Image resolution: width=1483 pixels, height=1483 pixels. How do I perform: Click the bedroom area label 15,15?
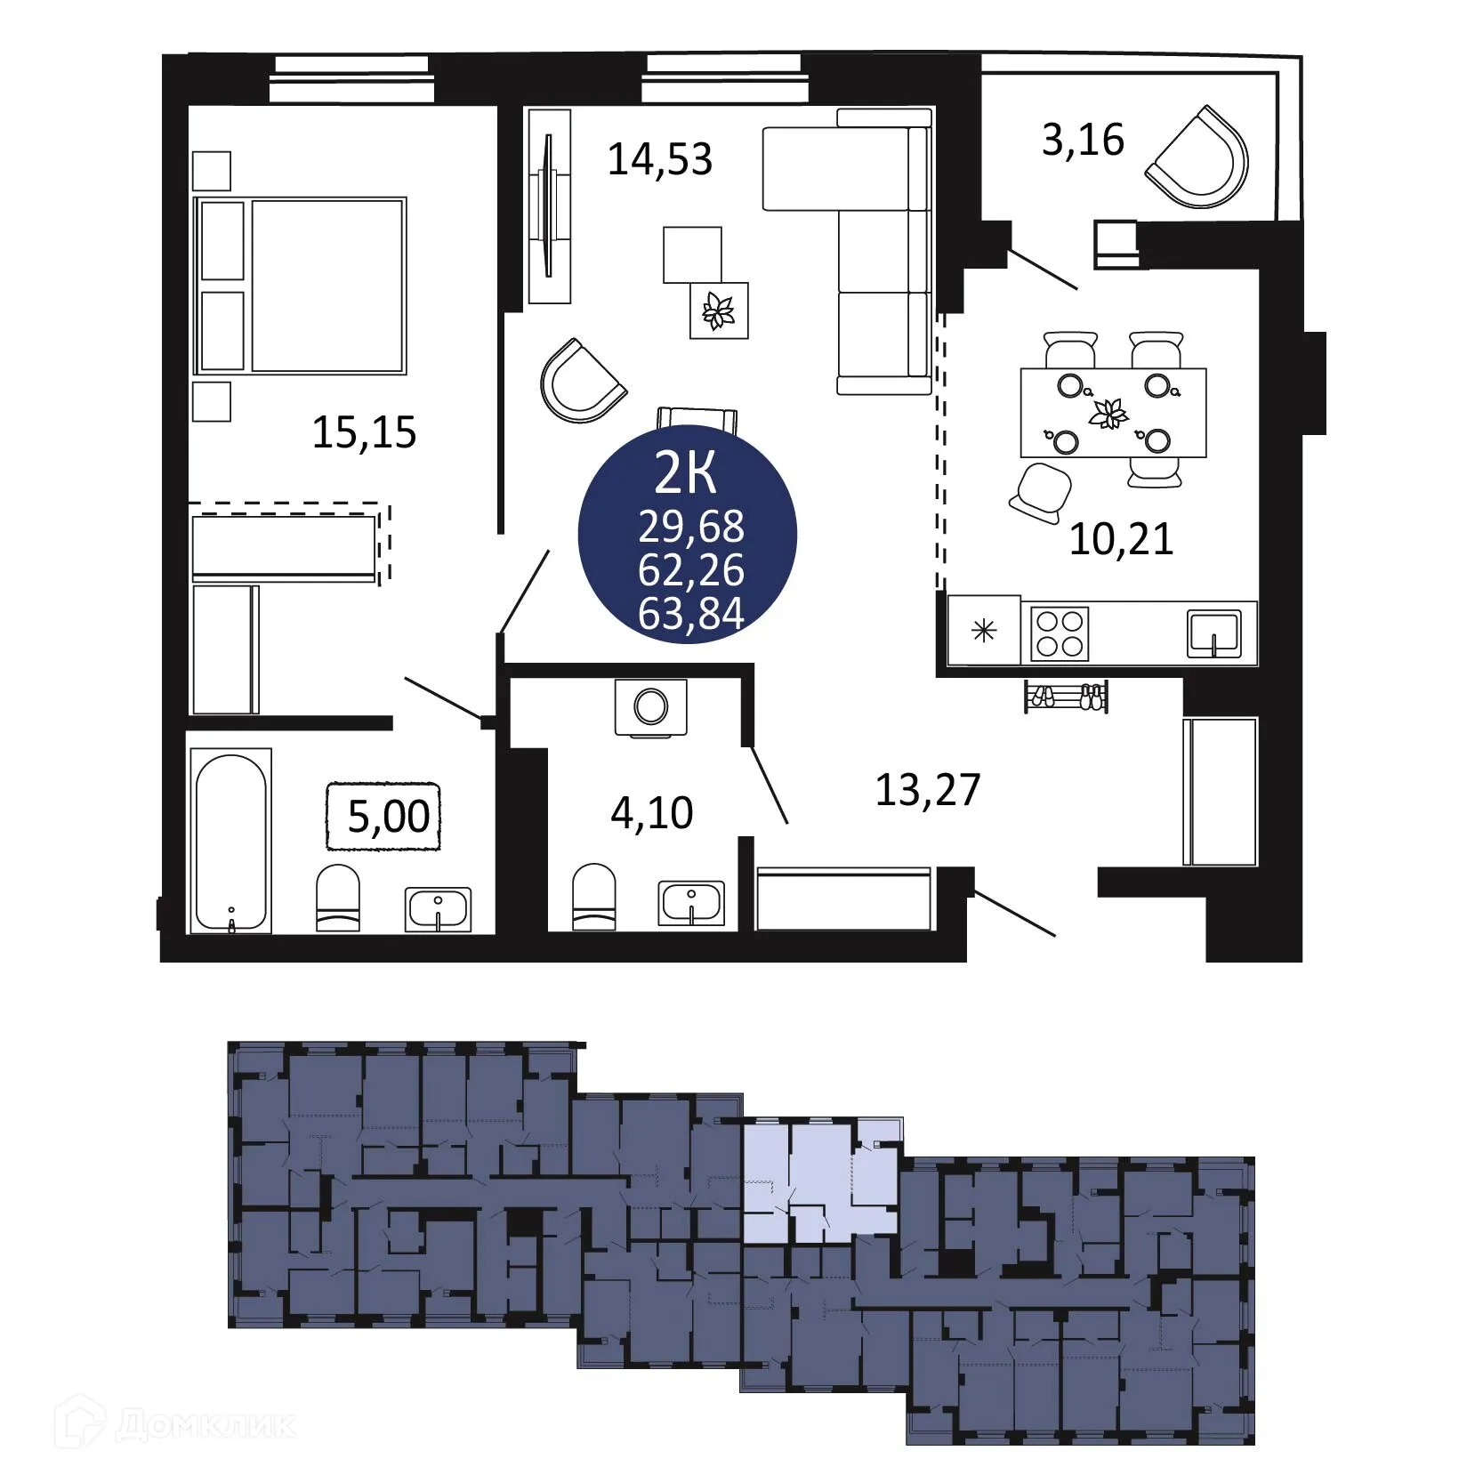(364, 432)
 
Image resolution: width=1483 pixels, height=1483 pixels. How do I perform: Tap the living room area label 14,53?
(660, 160)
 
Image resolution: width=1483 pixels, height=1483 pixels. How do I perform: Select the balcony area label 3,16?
(1083, 141)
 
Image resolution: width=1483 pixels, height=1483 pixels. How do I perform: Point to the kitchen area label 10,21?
(1121, 539)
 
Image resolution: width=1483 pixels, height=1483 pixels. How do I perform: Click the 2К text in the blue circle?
(685, 474)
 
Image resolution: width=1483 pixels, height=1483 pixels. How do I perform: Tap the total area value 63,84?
(691, 614)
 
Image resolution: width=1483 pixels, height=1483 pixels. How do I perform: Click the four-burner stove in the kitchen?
(1060, 633)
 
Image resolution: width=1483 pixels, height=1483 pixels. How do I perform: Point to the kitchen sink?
(1214, 633)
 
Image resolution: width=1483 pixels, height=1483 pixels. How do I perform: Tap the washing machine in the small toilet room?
(651, 708)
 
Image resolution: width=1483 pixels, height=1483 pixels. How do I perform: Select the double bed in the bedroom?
(301, 285)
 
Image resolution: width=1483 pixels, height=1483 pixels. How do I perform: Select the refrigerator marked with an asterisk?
(984, 632)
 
